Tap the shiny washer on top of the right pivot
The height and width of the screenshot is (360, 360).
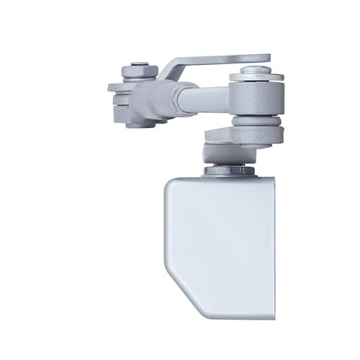point(256,73)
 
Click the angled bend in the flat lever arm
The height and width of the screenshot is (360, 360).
point(170,69)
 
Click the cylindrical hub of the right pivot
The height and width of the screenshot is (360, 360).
point(256,101)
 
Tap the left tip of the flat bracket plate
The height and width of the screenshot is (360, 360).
point(112,88)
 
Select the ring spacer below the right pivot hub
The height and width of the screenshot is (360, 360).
point(256,134)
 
